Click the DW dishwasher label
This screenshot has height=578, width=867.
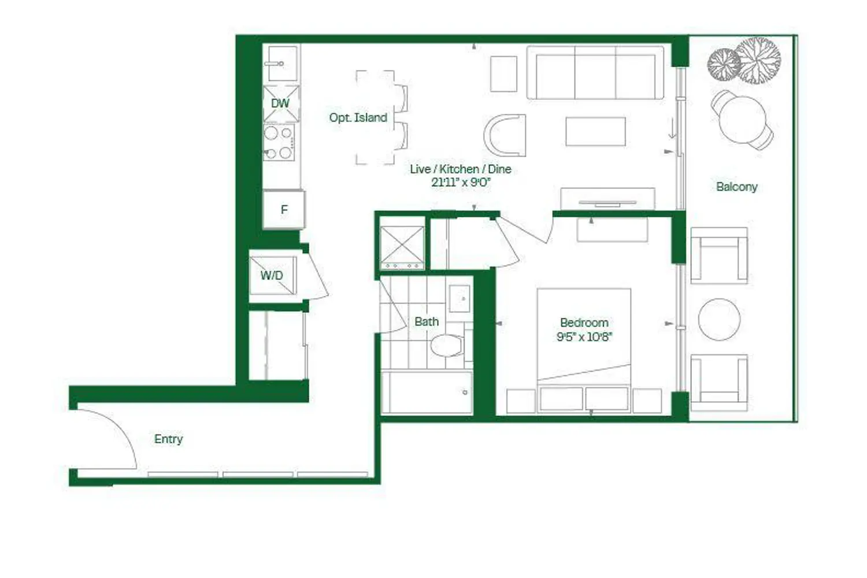click(280, 103)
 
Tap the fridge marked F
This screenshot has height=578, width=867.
click(284, 209)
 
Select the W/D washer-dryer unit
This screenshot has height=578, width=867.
click(273, 276)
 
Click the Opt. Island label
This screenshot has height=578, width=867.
click(358, 118)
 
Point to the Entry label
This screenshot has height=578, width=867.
click(168, 439)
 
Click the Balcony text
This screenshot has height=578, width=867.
click(736, 187)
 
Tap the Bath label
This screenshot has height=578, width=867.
click(427, 322)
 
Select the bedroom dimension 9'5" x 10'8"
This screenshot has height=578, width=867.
click(584, 337)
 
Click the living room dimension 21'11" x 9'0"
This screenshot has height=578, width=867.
click(461, 182)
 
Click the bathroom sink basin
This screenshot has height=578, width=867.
click(460, 298)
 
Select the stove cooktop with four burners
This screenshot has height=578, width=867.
click(279, 142)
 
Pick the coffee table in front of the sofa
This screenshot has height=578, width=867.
click(595, 132)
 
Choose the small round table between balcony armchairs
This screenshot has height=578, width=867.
click(719, 320)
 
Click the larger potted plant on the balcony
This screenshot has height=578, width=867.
click(758, 60)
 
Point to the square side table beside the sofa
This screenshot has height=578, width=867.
click(503, 74)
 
